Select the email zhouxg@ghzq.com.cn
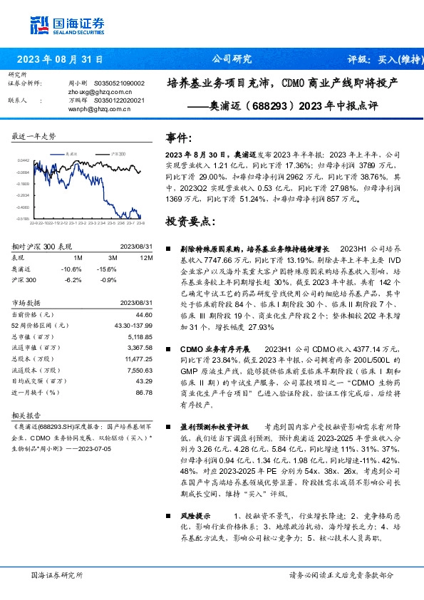(x=99, y=91)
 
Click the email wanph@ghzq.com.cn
(x=99, y=109)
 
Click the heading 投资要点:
(x=189, y=222)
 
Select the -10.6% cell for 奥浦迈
(x=73, y=269)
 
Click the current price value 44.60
(x=144, y=315)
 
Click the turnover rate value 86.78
(x=144, y=393)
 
